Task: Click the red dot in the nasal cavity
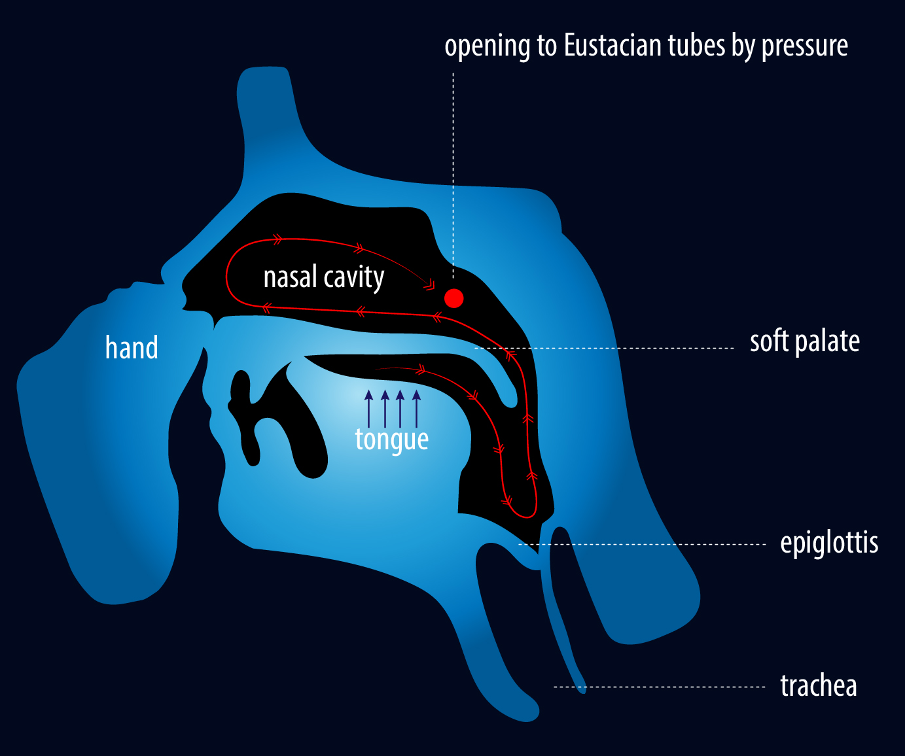pos(453,298)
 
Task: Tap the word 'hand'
pos(132,347)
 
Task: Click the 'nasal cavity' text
pos(324,278)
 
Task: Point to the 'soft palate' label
pos(805,342)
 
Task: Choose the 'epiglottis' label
pos(829,543)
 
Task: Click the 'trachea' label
pos(819,686)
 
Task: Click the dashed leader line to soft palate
pos(604,348)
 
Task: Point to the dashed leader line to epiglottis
pos(643,544)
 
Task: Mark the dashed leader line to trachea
pos(659,687)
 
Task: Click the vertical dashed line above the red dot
pos(453,175)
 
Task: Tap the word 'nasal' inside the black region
pos(291,277)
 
